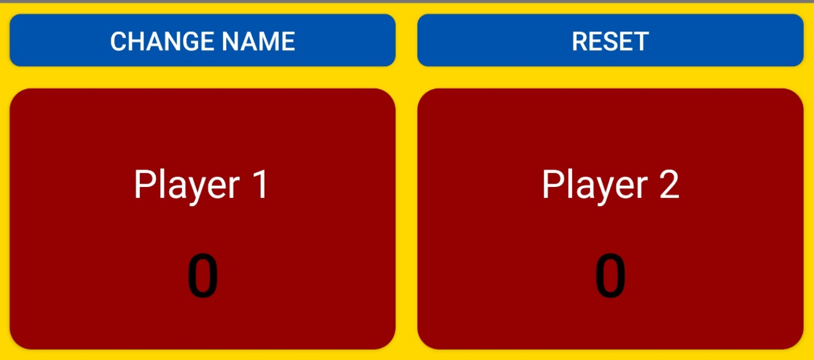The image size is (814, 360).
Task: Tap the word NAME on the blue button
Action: pos(258,41)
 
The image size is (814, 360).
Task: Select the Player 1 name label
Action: pos(201,186)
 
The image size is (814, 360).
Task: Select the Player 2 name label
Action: pos(610,186)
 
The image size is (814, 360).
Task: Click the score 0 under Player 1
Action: pos(203,275)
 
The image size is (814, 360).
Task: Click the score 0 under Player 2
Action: pos(610,275)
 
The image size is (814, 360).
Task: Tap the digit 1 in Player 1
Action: pos(260,184)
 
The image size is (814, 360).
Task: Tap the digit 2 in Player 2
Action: pos(669,184)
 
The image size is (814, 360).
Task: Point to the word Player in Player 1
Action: pos(187,186)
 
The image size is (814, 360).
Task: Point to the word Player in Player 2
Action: pos(595,186)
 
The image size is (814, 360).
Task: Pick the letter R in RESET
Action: pos(581,41)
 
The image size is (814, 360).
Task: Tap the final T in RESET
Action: pos(641,41)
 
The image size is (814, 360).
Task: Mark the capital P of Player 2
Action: pos(552,184)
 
